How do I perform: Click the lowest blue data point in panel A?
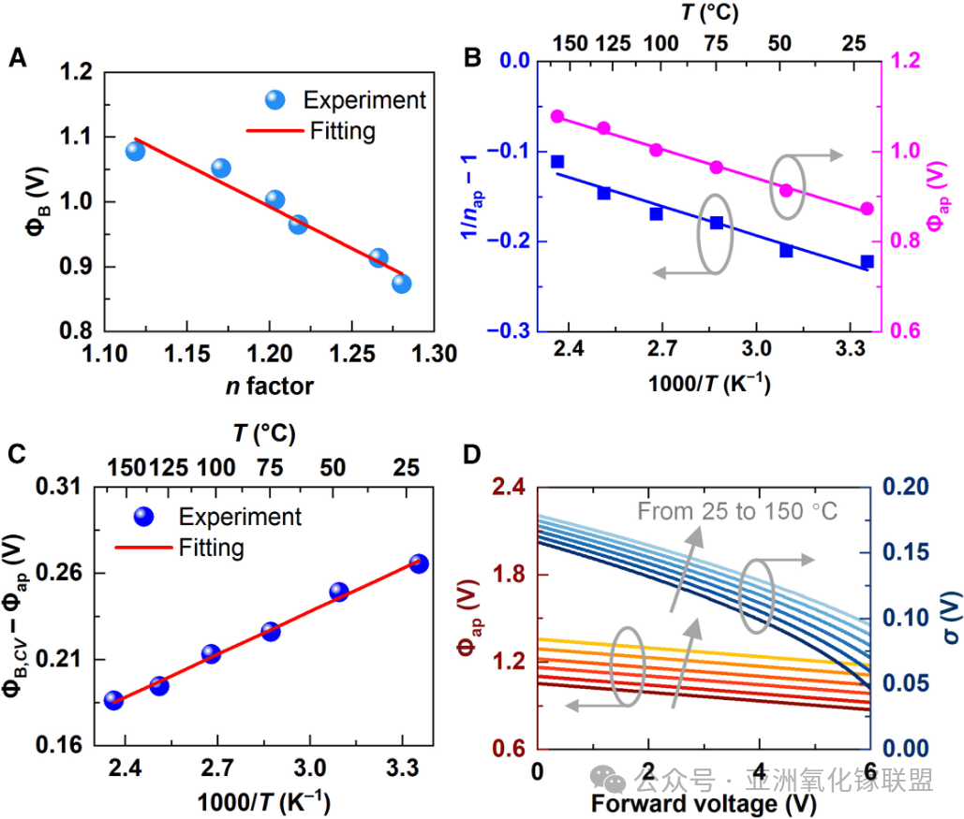coord(402,284)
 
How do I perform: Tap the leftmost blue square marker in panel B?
coord(557,162)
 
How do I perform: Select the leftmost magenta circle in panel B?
coord(557,117)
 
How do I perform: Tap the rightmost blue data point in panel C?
coord(419,563)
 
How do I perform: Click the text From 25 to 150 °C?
coord(737,512)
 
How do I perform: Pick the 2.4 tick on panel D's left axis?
coord(509,487)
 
